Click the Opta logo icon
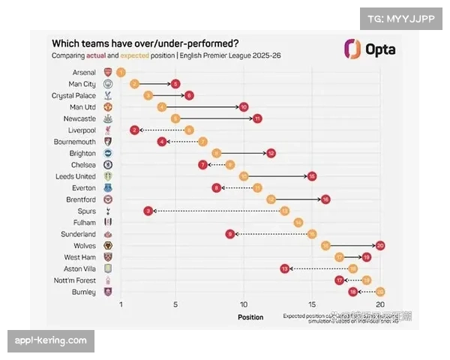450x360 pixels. (352, 49)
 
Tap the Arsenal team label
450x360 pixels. (83, 72)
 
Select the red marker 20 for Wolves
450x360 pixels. (380, 245)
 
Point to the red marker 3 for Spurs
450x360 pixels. (148, 211)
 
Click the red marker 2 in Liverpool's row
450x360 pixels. (134, 130)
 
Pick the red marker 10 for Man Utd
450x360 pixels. (244, 107)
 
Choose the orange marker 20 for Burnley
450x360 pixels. (380, 291)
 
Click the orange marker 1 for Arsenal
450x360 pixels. (121, 72)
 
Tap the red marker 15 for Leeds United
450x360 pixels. (312, 176)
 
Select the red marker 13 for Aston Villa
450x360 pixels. (284, 268)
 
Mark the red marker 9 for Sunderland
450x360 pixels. (230, 234)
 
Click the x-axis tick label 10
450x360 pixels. (243, 304)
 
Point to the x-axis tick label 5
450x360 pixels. (175, 304)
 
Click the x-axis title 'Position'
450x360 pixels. (250, 317)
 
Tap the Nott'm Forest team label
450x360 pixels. (75, 280)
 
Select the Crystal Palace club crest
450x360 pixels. (106, 95)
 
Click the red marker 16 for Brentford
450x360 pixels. (325, 199)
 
